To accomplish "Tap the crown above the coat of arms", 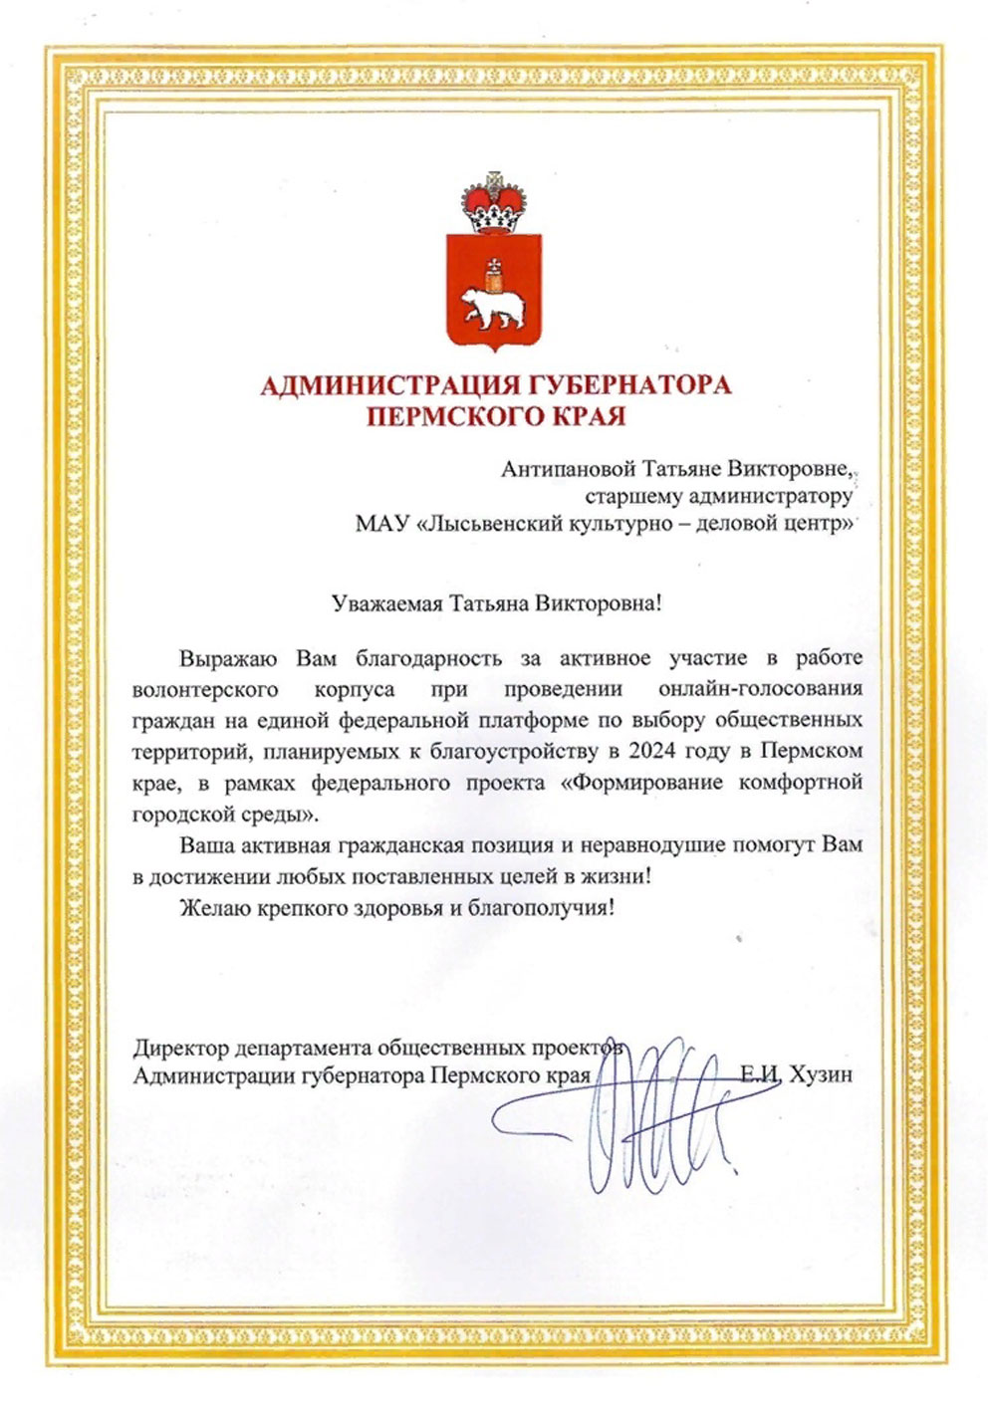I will click(x=495, y=200).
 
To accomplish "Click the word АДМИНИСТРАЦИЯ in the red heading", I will click(x=386, y=385).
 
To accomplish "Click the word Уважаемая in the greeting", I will click(x=386, y=603).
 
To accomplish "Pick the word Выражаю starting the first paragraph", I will click(x=230, y=658).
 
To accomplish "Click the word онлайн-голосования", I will click(x=760, y=688).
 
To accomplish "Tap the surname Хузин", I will click(x=820, y=1075).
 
